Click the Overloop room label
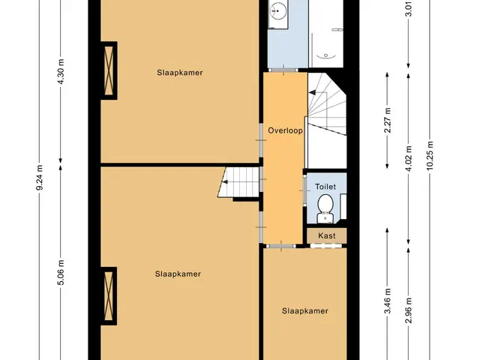[285, 130]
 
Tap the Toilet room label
[325, 187]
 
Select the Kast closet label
[327, 235]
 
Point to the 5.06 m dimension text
[61, 272]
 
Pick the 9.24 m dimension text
[40, 177]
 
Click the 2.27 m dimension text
[388, 120]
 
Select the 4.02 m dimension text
[409, 159]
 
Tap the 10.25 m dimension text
[430, 156]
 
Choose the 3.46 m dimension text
[388, 301]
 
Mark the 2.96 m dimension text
[409, 310]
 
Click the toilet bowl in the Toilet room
[325, 204]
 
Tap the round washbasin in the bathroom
[277, 10]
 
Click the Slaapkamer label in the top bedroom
[180, 73]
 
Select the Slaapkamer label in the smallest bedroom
[305, 311]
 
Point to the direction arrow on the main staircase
[313, 92]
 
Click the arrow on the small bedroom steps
[225, 182]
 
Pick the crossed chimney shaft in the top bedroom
[109, 70]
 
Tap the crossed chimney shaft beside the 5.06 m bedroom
[109, 296]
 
